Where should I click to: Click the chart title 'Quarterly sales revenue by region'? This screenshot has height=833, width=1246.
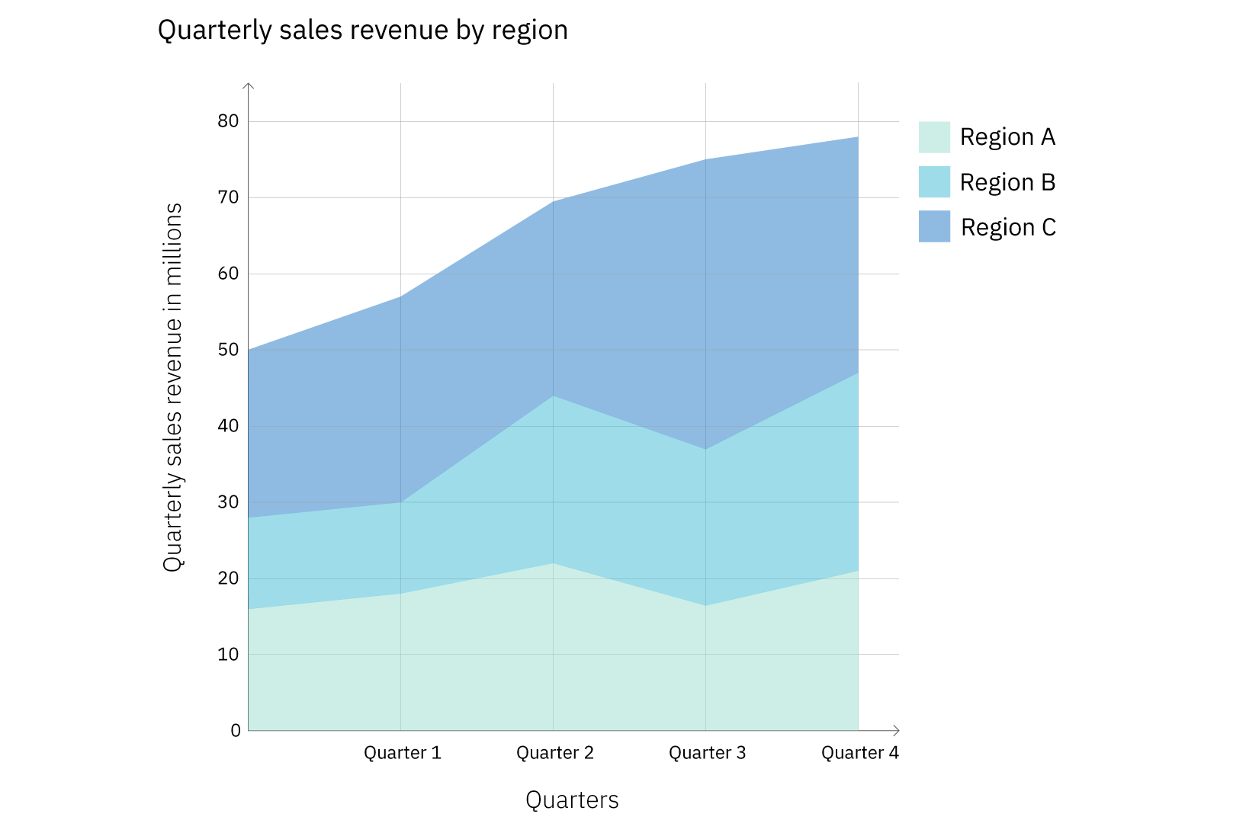tap(362, 30)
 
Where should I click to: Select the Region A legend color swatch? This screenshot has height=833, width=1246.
tap(934, 137)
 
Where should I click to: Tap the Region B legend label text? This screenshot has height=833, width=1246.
tap(1007, 182)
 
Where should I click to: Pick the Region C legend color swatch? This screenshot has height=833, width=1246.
tap(934, 226)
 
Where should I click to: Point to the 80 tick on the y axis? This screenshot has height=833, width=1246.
tap(228, 121)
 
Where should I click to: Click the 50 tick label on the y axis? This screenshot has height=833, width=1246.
tap(228, 350)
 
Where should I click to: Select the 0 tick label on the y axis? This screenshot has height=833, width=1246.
tap(236, 730)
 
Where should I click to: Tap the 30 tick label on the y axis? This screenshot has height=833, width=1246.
tap(228, 502)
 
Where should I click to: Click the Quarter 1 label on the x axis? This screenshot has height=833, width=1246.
tap(402, 753)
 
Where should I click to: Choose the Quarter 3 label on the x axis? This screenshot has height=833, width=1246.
tap(707, 753)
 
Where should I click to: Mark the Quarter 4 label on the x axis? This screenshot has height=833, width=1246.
tap(859, 753)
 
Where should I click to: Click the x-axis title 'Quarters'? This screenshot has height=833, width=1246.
tap(572, 799)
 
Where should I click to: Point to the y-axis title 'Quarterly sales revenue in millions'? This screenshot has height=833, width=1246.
tap(173, 387)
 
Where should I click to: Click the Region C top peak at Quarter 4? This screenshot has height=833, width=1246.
tap(858, 137)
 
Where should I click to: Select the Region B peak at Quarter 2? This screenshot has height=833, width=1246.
tap(554, 396)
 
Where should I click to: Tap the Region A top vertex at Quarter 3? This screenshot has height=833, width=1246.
tap(706, 606)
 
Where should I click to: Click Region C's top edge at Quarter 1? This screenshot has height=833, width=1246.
tap(401, 296)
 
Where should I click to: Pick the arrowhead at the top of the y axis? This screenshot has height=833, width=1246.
tap(249, 85)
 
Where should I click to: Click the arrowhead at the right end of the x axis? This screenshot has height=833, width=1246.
tap(897, 730)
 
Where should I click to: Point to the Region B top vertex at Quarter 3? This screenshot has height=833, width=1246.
tap(706, 449)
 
